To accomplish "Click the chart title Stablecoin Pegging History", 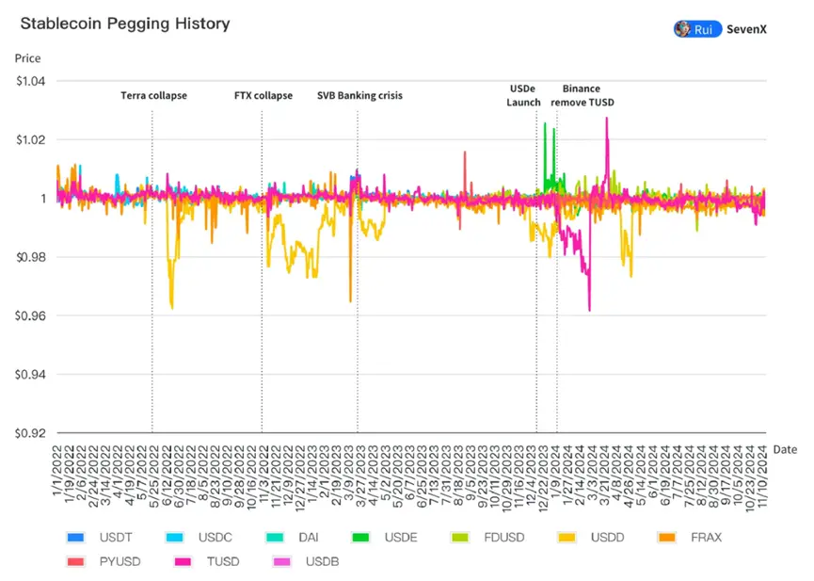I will point(124,24).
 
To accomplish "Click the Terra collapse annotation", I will point(153,95).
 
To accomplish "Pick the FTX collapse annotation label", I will point(263,95).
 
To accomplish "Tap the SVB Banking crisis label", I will point(359,95).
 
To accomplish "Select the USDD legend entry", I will point(591,538).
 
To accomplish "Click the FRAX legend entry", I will point(691,538).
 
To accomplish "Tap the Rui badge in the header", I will point(697,29).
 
